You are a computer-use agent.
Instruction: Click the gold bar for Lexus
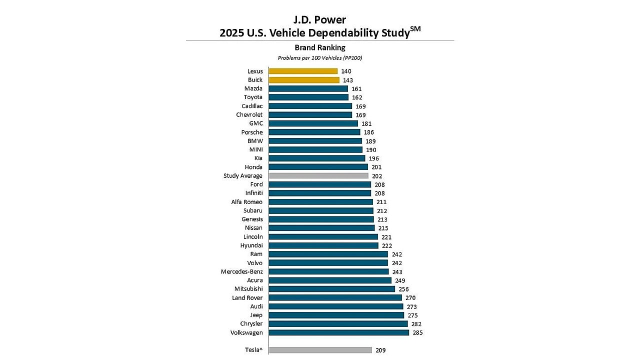click(x=303, y=71)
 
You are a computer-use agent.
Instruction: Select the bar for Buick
click(x=304, y=80)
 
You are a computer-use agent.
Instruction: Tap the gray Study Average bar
click(x=318, y=175)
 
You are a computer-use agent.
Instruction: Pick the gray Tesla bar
click(x=320, y=350)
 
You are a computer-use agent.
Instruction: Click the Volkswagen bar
click(x=339, y=332)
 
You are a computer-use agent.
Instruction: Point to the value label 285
click(x=417, y=332)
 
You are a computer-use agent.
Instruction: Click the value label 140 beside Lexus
click(x=346, y=71)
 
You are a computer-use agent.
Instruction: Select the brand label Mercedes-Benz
click(x=241, y=271)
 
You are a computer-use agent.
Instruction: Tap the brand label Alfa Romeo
click(x=246, y=202)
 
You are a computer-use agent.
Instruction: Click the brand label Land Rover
click(x=247, y=298)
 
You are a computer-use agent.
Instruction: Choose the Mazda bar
click(x=308, y=88)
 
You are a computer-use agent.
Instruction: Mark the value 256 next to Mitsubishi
click(x=403, y=289)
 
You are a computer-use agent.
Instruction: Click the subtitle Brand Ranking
click(x=320, y=47)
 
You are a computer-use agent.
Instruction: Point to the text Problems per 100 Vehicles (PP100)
click(x=320, y=58)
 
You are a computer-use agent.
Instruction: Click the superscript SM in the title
click(x=415, y=29)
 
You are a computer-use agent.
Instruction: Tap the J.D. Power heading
click(x=320, y=20)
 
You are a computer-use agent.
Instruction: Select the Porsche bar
click(x=314, y=132)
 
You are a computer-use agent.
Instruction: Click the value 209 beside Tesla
click(x=380, y=350)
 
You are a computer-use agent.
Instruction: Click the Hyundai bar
click(x=323, y=245)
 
